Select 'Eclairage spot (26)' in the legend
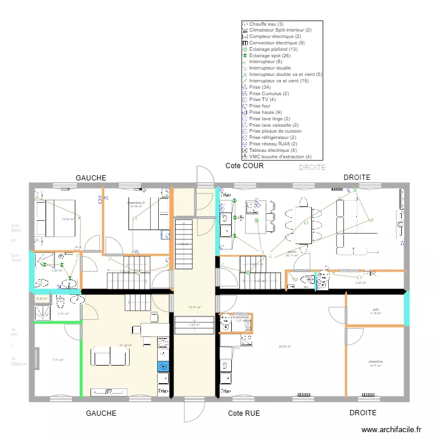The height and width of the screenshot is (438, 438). tap(269, 55)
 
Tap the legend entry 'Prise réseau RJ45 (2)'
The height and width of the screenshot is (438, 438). tap(273, 144)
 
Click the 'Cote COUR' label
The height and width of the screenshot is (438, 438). tap(244, 166)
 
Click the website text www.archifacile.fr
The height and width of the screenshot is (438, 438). tap(391, 429)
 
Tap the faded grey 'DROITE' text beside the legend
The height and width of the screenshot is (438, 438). tap(312, 168)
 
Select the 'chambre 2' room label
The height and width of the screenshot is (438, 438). tap(136, 203)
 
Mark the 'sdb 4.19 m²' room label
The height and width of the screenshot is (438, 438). tap(375, 311)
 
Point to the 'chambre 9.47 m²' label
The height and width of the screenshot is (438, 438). tap(375, 363)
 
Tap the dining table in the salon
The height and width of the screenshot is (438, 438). tap(304, 220)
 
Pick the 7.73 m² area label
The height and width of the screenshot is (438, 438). tap(57, 360)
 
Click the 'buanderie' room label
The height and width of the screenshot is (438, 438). tap(242, 317)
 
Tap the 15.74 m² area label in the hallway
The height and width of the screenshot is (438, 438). tap(194, 307)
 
